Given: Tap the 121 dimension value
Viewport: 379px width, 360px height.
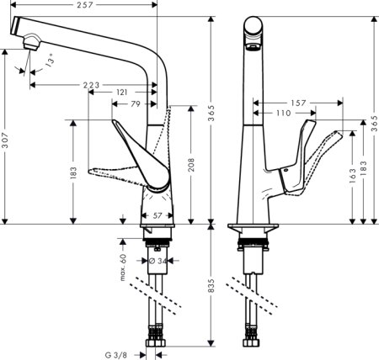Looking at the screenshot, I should [x=122, y=93].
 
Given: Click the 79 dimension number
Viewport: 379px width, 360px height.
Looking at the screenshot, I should [x=136, y=104].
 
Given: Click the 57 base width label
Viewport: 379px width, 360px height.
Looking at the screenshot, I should [x=157, y=216].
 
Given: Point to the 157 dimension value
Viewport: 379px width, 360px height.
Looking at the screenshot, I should [x=299, y=103].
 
